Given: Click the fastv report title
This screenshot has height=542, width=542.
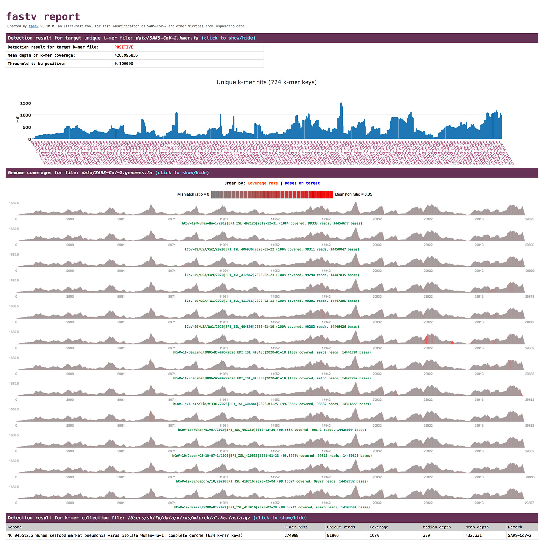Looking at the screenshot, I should pyautogui.click(x=43, y=16).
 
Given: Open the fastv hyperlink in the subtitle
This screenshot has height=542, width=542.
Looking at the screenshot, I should pyautogui.click(x=34, y=26).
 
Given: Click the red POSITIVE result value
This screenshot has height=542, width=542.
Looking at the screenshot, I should pyautogui.click(x=124, y=47).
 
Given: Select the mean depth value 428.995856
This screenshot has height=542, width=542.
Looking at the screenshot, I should pyautogui.click(x=126, y=55).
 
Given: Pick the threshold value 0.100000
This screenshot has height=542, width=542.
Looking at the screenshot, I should pyautogui.click(x=124, y=64).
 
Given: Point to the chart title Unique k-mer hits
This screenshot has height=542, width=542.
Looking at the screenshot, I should pyautogui.click(x=266, y=82).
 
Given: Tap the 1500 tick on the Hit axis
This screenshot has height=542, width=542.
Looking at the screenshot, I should pyautogui.click(x=25, y=103).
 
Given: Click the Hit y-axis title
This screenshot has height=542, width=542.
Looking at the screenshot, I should pyautogui.click(x=17, y=119).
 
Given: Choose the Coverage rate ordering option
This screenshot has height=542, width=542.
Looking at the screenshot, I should pyautogui.click(x=263, y=183).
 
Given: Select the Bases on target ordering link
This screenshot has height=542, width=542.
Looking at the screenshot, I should pyautogui.click(x=302, y=183).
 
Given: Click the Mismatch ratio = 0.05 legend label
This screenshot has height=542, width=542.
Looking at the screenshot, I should pyautogui.click(x=353, y=194).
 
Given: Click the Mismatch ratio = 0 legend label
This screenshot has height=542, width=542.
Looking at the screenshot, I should pyautogui.click(x=193, y=194).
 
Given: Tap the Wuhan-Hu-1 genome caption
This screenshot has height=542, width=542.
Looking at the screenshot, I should pyautogui.click(x=272, y=223).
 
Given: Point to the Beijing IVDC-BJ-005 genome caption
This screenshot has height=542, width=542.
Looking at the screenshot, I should pyautogui.click(x=272, y=352).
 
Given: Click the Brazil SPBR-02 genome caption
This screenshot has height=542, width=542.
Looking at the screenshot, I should pyautogui.click(x=272, y=507).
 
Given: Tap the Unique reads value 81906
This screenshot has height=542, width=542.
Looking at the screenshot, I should pyautogui.click(x=335, y=535).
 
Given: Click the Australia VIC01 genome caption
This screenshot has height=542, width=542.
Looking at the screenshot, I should pyautogui.click(x=272, y=404).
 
